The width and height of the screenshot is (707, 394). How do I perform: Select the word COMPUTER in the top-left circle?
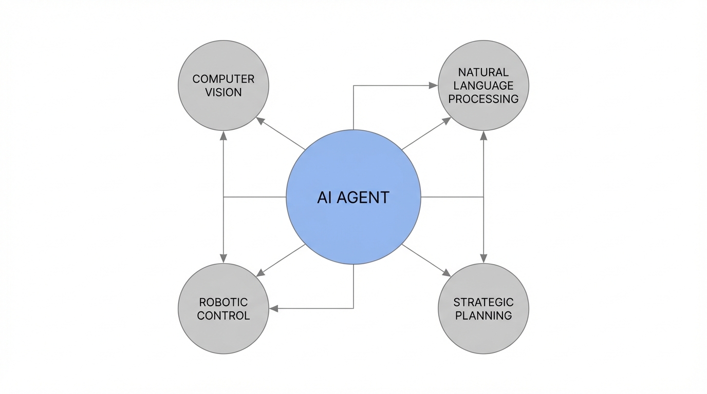pos(224,79)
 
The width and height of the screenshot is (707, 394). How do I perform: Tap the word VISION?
pos(224,93)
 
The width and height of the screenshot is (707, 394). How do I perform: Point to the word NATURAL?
pos(483,72)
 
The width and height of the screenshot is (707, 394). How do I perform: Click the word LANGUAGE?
pos(483,86)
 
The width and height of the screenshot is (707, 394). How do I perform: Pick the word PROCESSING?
pos(483,99)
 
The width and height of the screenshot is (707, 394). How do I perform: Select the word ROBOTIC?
pos(224,302)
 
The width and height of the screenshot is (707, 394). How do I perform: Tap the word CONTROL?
pos(224,316)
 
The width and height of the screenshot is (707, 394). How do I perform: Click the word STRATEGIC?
pos(483,302)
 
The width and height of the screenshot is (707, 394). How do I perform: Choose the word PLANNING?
pos(483,316)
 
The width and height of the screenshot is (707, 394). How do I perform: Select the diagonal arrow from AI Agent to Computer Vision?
pos(282,134)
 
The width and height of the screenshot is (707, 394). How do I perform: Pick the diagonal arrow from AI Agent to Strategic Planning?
pos(426,260)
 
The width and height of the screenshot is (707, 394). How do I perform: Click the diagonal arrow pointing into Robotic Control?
pos(282,260)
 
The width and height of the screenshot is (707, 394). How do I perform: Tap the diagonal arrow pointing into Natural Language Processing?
pos(426,134)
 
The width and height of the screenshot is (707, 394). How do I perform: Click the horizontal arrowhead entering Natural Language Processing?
pos(433,86)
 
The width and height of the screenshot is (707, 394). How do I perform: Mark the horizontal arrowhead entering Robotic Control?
pos(274,308)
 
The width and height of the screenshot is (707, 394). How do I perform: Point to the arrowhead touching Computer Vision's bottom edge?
pos(224,135)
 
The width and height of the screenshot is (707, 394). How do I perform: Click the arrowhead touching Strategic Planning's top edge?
pos(483,259)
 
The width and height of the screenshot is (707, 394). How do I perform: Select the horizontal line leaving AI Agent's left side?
pos(255,197)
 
